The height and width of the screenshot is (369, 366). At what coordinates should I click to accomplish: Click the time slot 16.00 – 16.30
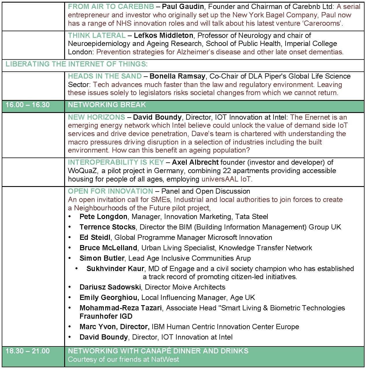pos(27,105)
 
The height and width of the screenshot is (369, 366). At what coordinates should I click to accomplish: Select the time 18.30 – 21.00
pos(27,351)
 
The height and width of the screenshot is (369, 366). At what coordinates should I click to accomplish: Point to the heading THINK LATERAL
pos(97,36)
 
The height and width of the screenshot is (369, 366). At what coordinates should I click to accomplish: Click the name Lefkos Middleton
pos(163,36)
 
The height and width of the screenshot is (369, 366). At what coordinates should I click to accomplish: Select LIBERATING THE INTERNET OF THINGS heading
pos(77,64)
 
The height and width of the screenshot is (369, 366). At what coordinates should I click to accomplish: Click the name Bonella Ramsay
pos(177,76)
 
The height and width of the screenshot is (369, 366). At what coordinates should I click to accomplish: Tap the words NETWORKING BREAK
pos(107,105)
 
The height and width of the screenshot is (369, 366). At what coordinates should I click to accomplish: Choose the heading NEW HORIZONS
pos(96,117)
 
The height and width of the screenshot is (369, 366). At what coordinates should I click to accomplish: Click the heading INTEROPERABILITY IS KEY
pos(116,162)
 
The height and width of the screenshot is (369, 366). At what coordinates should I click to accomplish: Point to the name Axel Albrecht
pos(195,162)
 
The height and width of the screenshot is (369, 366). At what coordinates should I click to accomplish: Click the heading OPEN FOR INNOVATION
pos(110,191)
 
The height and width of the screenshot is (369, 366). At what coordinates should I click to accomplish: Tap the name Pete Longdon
pos(103,217)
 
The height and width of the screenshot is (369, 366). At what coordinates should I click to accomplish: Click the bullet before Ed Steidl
pos(70,238)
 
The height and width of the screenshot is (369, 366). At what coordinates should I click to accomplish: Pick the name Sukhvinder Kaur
pos(115,269)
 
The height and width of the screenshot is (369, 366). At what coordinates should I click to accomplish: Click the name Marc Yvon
pos(98,327)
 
